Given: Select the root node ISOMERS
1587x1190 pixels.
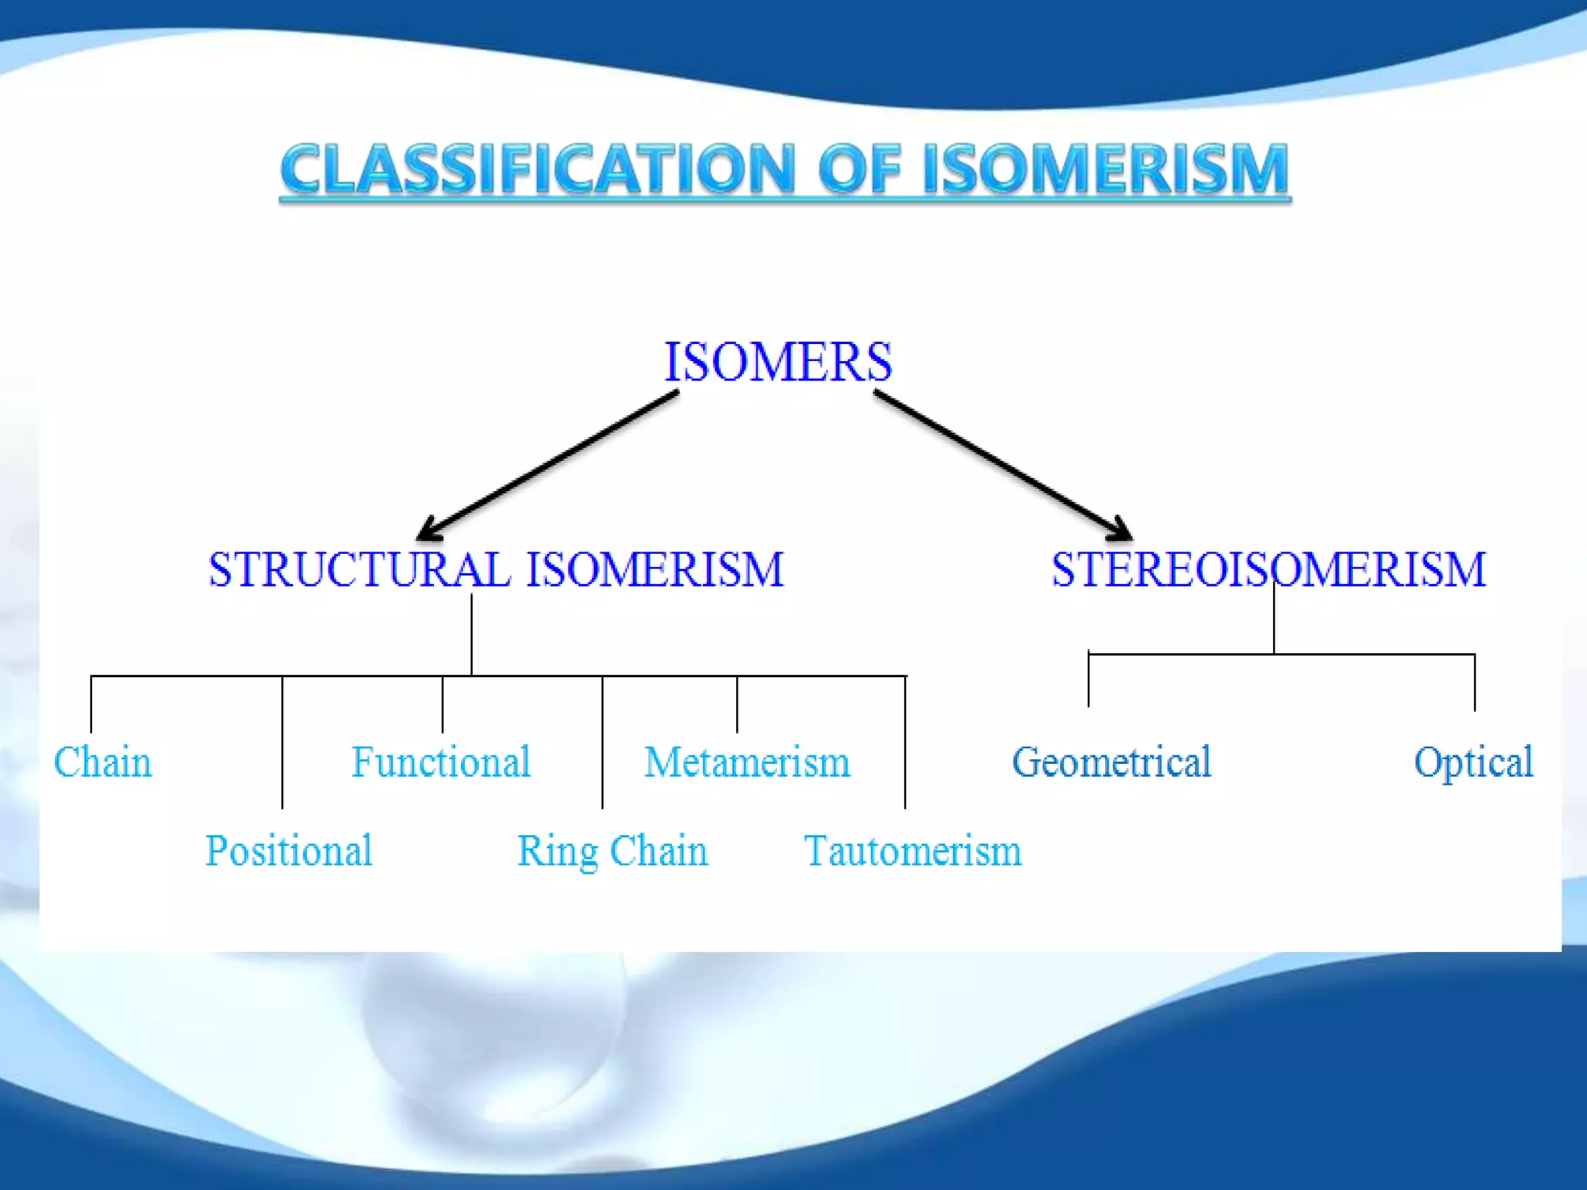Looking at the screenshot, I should (778, 362).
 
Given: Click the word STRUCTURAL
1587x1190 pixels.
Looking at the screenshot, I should (359, 570).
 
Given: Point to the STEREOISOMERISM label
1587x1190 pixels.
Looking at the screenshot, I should (1269, 570).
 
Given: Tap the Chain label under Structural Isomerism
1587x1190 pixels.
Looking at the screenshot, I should (102, 762).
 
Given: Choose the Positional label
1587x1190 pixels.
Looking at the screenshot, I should (288, 851).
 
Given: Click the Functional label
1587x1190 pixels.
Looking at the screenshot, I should (441, 762).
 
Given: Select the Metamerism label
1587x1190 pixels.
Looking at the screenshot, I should (747, 762).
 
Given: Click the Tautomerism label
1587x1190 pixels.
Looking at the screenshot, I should (913, 851).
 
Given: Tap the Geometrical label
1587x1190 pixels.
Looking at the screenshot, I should (1111, 762).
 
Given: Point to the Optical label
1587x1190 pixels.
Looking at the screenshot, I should (1473, 762).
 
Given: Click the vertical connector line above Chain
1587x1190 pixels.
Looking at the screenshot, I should (91, 705).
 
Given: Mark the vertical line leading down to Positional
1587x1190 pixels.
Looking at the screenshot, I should (282, 744).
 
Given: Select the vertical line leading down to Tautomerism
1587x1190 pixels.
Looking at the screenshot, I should (905, 744).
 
